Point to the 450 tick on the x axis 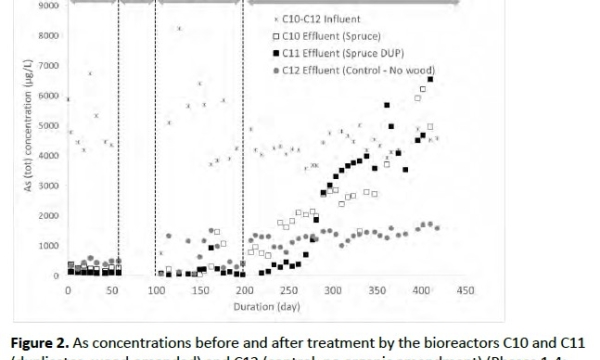[464, 290]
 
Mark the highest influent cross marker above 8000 [179, 28]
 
